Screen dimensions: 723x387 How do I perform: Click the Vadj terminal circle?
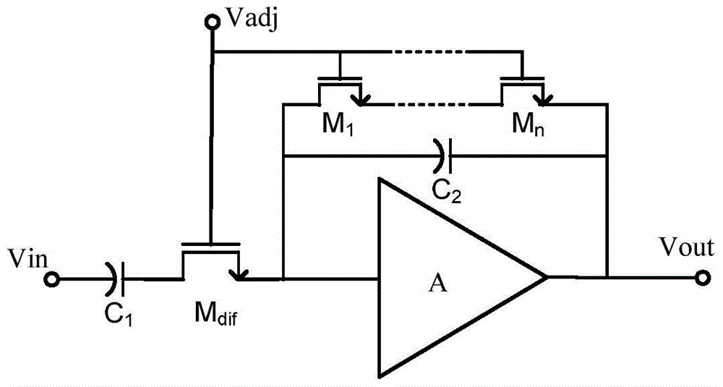pyautogui.click(x=212, y=21)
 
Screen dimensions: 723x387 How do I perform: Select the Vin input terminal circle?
pyautogui.click(x=53, y=279)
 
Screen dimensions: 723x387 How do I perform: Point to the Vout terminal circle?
pyautogui.click(x=702, y=278)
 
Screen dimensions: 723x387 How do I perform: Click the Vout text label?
pyautogui.click(x=687, y=247)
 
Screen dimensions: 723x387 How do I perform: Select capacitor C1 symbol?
pyautogui.click(x=114, y=279)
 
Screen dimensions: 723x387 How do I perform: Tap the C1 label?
pyautogui.click(x=118, y=315)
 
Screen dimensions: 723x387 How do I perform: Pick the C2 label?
pyautogui.click(x=446, y=190)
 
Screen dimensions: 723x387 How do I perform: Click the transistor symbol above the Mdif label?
pyautogui.click(x=210, y=260)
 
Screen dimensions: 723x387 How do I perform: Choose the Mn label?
pyautogui.click(x=528, y=124)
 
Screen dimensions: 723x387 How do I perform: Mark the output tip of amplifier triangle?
pyautogui.click(x=547, y=277)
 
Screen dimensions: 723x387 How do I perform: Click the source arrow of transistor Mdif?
pyautogui.click(x=236, y=275)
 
